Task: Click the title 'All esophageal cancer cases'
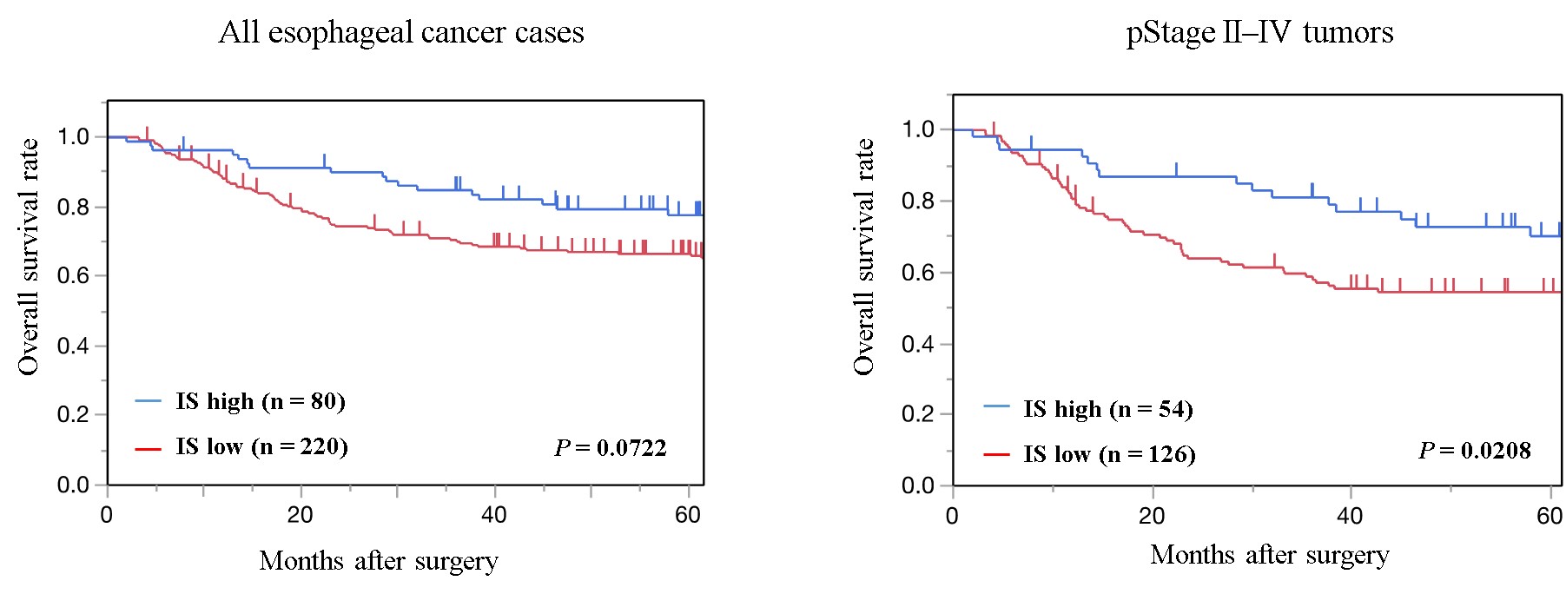click(400, 33)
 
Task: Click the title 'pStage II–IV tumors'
click(1259, 33)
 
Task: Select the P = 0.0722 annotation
click(611, 448)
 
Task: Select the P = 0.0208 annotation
click(1474, 451)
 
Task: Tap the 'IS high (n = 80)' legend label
click(261, 401)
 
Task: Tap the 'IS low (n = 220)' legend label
click(261, 447)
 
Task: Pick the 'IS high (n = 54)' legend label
click(1107, 409)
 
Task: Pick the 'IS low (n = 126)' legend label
click(1109, 454)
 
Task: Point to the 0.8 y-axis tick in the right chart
click(918, 201)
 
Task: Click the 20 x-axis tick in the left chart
click(300, 515)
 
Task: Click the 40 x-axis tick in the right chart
click(1350, 516)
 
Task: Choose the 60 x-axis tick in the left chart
click(687, 515)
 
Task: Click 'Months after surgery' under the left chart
click(379, 561)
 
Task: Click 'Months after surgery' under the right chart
click(1269, 555)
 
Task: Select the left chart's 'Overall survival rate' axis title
click(29, 257)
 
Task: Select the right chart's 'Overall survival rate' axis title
click(863, 257)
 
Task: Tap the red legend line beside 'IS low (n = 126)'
click(996, 454)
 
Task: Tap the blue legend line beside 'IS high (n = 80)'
click(149, 401)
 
